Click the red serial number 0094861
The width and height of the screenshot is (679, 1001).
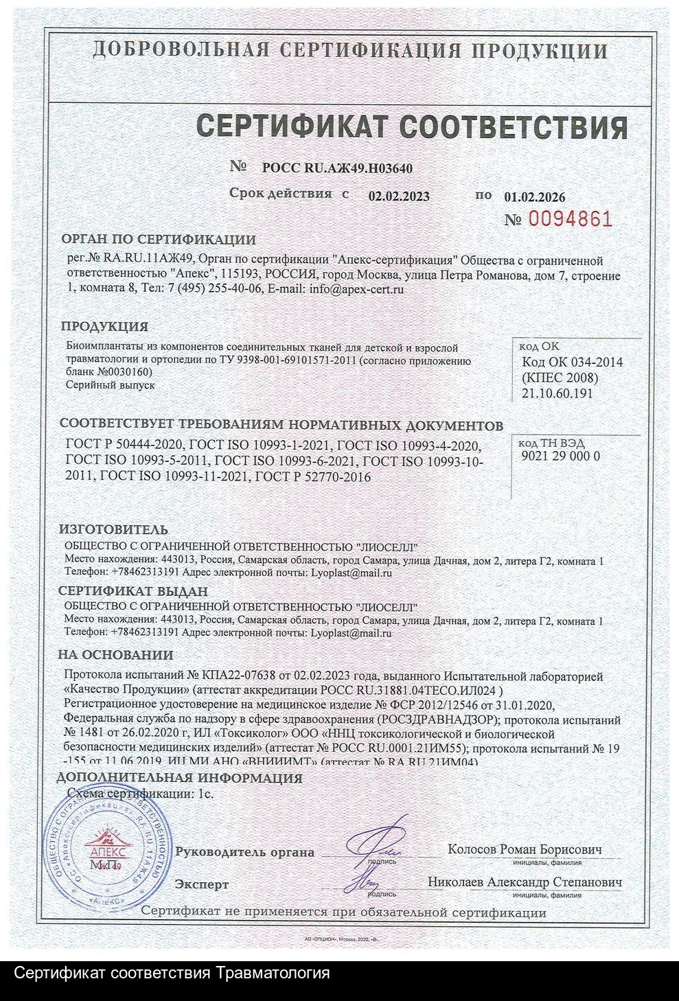(568, 219)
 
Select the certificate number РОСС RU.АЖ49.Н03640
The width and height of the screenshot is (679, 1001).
(337, 168)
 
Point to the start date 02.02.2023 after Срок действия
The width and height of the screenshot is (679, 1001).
(399, 196)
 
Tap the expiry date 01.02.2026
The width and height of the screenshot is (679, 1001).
(535, 197)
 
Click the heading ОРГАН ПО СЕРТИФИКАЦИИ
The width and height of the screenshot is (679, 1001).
(159, 240)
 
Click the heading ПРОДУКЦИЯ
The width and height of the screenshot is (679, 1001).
(104, 327)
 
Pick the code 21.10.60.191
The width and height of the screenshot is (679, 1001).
(557, 393)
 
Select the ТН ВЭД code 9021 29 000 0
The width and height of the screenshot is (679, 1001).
(561, 456)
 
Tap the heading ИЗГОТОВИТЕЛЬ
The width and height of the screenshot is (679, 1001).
(113, 530)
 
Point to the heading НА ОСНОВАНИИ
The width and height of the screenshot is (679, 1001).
(115, 655)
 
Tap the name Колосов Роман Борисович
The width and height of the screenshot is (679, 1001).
(525, 849)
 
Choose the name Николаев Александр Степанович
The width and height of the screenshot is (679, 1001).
(525, 882)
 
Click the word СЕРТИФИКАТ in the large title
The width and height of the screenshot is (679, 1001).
(291, 128)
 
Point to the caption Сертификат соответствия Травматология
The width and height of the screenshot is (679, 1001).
(172, 974)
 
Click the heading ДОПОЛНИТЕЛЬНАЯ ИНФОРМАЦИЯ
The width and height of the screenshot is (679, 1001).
(180, 778)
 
